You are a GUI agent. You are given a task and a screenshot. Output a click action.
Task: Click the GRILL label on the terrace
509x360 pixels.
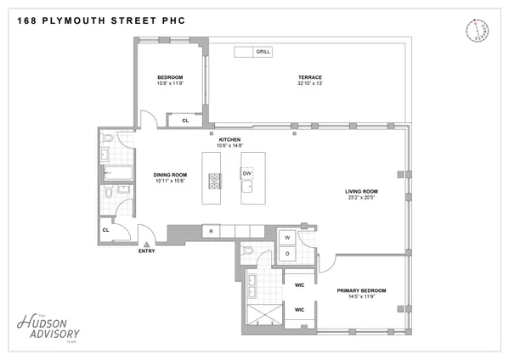(263, 53)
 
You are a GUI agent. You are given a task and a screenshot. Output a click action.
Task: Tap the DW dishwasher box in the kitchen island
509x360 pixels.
(247, 173)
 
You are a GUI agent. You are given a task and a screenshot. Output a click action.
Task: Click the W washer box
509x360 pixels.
(287, 237)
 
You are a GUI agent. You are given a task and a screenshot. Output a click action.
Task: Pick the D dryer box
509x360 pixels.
(287, 253)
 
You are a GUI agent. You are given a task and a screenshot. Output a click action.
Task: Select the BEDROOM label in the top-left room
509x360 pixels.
(170, 76)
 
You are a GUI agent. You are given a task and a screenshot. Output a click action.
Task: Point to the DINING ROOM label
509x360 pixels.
(170, 175)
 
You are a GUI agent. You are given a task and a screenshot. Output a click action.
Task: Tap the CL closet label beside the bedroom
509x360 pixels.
(185, 121)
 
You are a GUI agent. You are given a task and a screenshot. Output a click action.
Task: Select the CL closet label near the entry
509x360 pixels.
(106, 229)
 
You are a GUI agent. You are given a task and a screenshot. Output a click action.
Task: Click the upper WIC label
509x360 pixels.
(299, 285)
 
